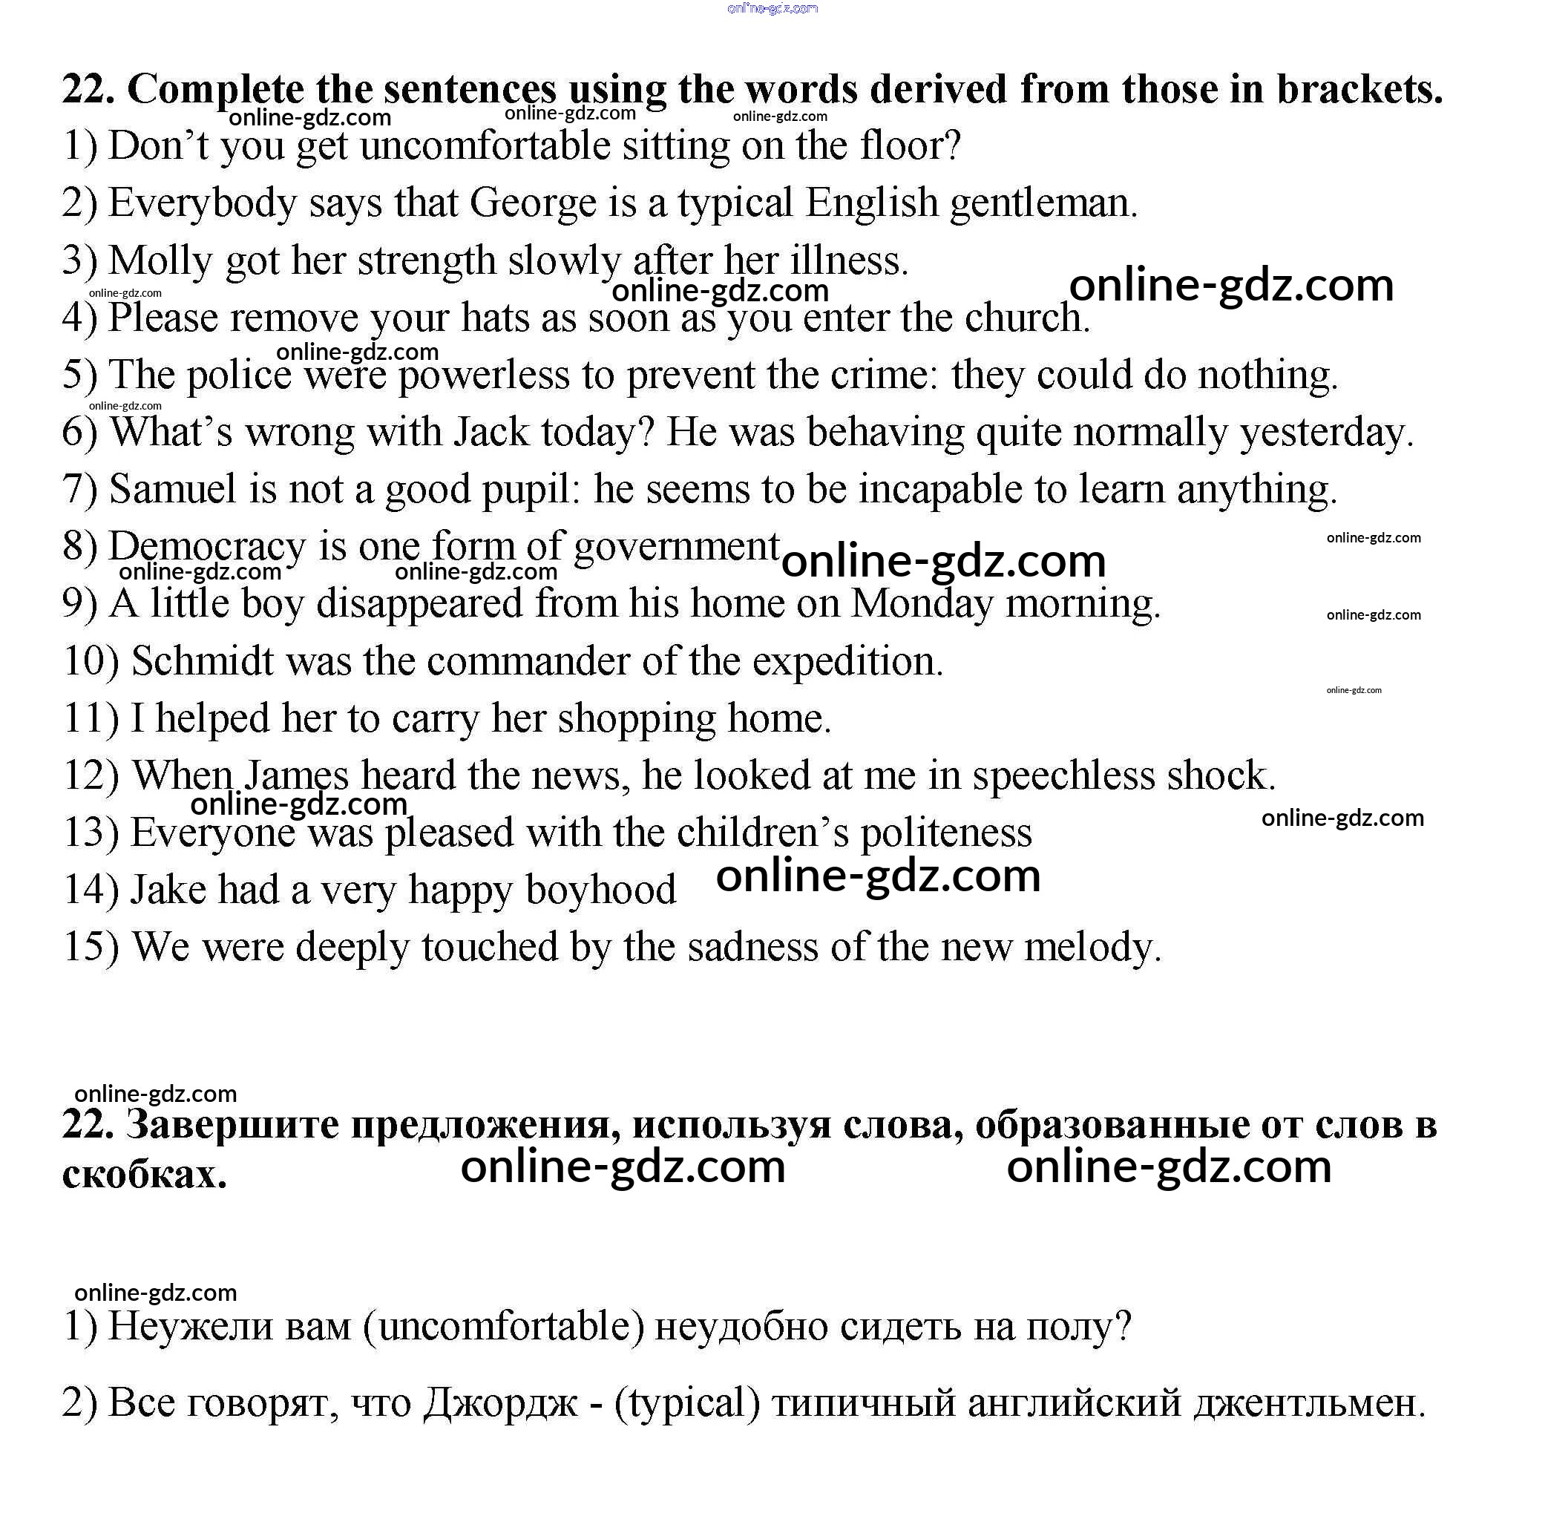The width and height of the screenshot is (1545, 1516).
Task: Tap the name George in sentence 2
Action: (533, 203)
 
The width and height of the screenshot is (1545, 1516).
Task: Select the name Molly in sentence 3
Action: (160, 261)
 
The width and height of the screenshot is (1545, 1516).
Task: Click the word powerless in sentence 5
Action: (483, 375)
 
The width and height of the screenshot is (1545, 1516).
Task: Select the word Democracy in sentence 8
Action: (206, 547)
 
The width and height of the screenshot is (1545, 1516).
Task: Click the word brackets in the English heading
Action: (1359, 89)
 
